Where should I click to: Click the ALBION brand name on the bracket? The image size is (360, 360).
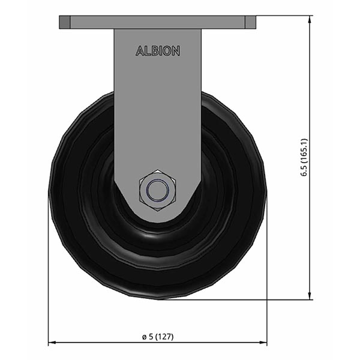click(158, 52)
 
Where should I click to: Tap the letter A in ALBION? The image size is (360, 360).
click(139, 52)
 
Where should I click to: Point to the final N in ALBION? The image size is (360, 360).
click(176, 52)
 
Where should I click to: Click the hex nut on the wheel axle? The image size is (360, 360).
click(158, 191)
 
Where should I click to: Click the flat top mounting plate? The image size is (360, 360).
click(158, 22)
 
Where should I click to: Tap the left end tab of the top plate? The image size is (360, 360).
click(65, 22)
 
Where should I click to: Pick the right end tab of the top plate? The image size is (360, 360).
click(251, 22)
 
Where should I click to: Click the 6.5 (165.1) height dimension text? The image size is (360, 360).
click(304, 157)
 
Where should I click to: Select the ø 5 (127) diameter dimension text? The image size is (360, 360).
click(157, 336)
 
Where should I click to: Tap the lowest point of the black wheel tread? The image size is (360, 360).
click(158, 298)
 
